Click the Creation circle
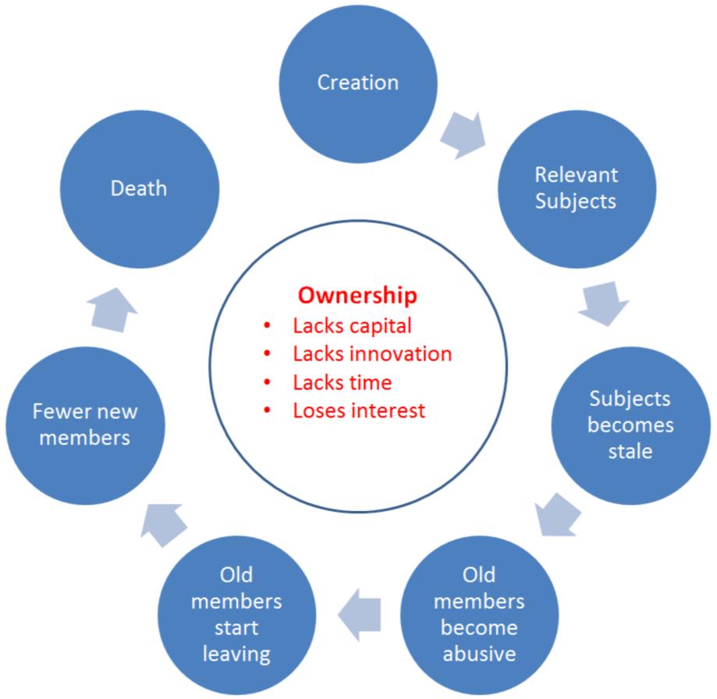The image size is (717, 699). coord(358,82)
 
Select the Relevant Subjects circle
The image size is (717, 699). coord(577,188)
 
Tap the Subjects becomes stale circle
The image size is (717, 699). coord(630,425)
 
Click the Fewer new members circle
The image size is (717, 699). coord(84,424)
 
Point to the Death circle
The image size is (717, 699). coord(139,188)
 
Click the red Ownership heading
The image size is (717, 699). coord(358,296)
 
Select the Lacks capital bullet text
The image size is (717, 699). coord(352,326)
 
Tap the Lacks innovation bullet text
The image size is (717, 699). coord(372,354)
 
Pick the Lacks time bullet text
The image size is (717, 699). coord(343,382)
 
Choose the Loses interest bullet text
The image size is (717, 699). coord(359,410)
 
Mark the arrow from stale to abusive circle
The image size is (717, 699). coord(559,514)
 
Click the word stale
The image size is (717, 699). coord(630,451)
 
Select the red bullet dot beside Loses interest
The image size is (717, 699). coord(268,411)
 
